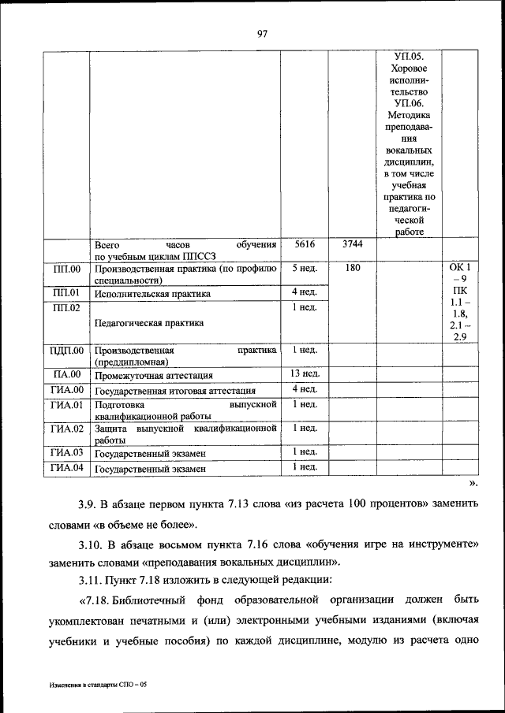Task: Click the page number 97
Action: (x=263, y=33)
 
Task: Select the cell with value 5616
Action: (x=304, y=244)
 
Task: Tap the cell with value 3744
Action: (x=352, y=244)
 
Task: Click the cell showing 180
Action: (x=352, y=269)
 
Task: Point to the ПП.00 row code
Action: (x=66, y=269)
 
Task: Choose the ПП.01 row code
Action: (x=66, y=294)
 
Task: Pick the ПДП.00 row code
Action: (x=66, y=350)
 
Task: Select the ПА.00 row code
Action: (x=66, y=374)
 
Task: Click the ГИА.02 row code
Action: (x=66, y=429)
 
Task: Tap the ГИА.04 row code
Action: (x=66, y=468)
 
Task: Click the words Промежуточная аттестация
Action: (x=154, y=375)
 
